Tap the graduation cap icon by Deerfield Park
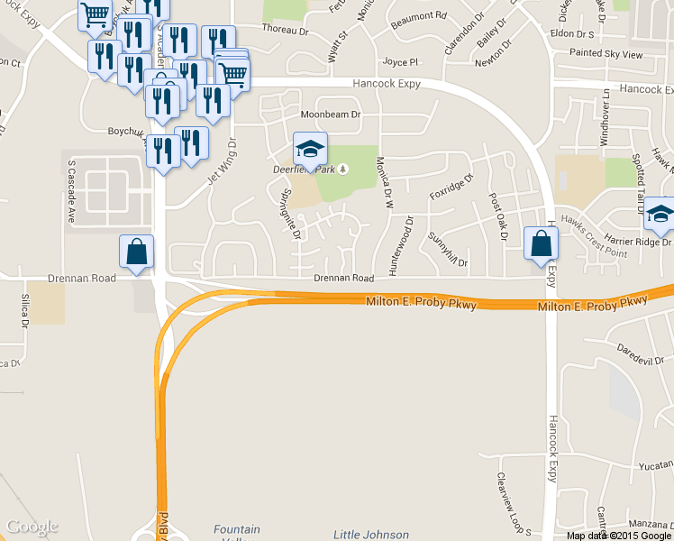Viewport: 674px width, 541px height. pyautogui.click(x=310, y=151)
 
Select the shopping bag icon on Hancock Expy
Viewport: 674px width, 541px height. pyautogui.click(x=541, y=244)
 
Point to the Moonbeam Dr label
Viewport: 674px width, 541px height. pyautogui.click(x=330, y=115)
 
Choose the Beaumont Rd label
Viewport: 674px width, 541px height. pyautogui.click(x=420, y=16)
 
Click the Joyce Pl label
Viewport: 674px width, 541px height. pyautogui.click(x=401, y=62)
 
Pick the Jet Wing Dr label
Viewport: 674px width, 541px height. pyautogui.click(x=221, y=161)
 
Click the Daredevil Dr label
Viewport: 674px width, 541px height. pyautogui.click(x=641, y=348)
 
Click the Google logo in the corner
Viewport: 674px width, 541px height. pyautogui.click(x=31, y=527)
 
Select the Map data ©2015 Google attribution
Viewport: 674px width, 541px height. pyautogui.click(x=619, y=536)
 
